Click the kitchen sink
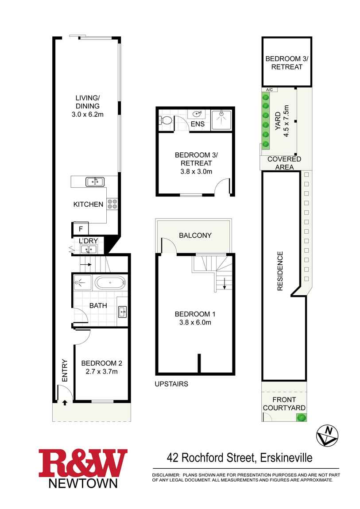click(x=95, y=181)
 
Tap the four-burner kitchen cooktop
click(x=112, y=204)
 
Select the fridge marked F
click(x=80, y=229)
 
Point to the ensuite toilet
click(x=166, y=120)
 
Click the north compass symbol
click(x=327, y=435)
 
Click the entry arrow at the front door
click(x=65, y=402)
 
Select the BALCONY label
click(x=195, y=235)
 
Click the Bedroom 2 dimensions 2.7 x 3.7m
click(x=102, y=371)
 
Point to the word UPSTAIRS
click(x=171, y=384)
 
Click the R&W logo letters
click(x=83, y=463)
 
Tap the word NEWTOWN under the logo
click(x=83, y=483)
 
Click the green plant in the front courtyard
click(x=302, y=417)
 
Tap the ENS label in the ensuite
click(x=197, y=124)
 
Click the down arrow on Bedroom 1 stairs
click(x=225, y=283)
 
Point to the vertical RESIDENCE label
click(x=280, y=271)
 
